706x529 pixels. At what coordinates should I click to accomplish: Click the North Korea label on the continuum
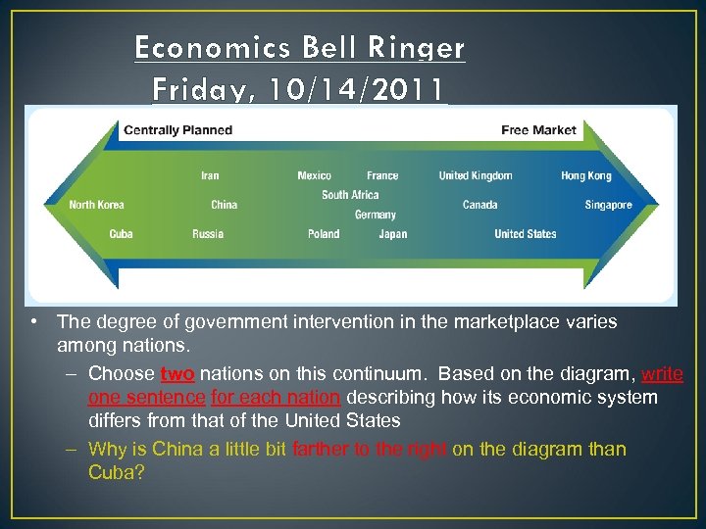[96, 205]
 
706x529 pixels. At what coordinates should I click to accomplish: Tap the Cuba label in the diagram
[121, 234]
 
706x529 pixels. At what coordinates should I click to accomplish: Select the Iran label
[210, 175]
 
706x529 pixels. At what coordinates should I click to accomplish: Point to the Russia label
[208, 234]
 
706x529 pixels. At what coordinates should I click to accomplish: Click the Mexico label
[314, 175]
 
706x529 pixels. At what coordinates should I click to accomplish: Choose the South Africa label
[350, 195]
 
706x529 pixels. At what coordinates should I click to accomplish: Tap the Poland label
[324, 234]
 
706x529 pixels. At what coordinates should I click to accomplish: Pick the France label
[382, 175]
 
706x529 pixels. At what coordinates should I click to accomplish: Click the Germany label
[376, 215]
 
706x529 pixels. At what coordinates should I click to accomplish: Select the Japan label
[393, 234]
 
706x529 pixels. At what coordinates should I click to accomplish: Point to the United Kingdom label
[476, 175]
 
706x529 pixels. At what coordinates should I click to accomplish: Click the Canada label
[480, 205]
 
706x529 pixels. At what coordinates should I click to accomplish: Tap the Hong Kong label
[586, 175]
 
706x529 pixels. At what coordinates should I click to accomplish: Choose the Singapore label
[609, 205]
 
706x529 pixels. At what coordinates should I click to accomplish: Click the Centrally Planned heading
[177, 129]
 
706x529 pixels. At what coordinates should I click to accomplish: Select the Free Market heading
[538, 129]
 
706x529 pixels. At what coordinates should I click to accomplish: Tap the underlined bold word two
[177, 373]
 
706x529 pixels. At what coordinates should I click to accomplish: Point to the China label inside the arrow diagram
[224, 205]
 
